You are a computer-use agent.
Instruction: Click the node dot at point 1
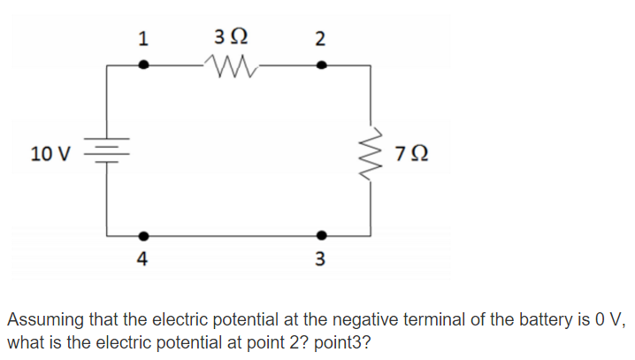145,65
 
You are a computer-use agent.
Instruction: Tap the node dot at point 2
321,65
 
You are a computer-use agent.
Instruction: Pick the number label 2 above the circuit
320,38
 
